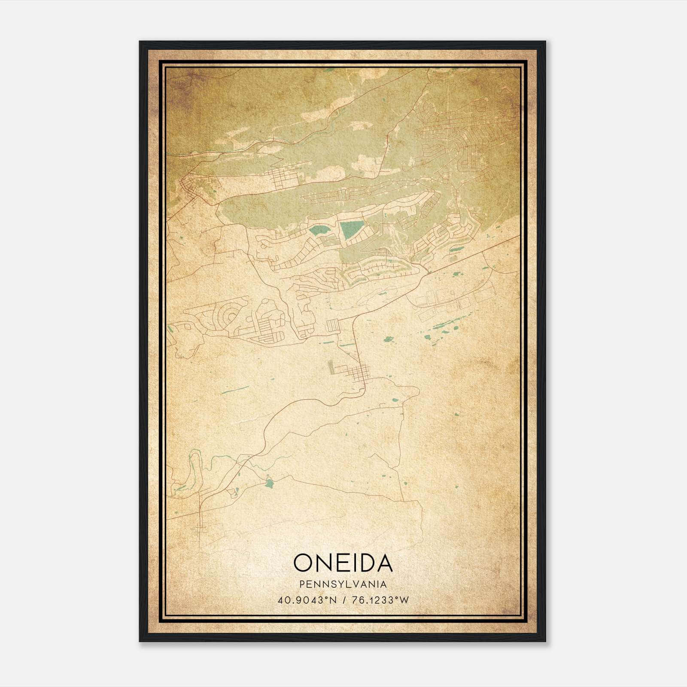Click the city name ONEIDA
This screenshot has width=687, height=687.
[x=343, y=563]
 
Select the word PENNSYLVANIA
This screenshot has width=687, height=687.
[x=343, y=584]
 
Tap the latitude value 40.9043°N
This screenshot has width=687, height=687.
[x=307, y=600]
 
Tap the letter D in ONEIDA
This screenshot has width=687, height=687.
[x=364, y=563]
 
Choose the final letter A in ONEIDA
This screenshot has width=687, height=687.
[x=383, y=563]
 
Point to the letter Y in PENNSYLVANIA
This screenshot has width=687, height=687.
[x=342, y=584]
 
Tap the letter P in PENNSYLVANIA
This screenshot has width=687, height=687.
[x=303, y=584]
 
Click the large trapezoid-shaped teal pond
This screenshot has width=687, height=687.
[x=351, y=231]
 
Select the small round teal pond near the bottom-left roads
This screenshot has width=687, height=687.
[x=269, y=483]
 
